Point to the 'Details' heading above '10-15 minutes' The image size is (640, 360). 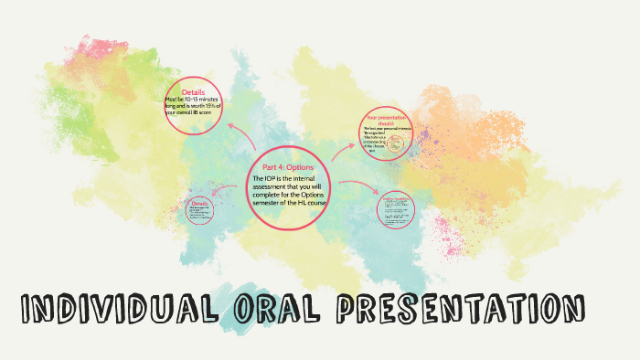click(193, 92)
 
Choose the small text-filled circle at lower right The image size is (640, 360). click(397, 209)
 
